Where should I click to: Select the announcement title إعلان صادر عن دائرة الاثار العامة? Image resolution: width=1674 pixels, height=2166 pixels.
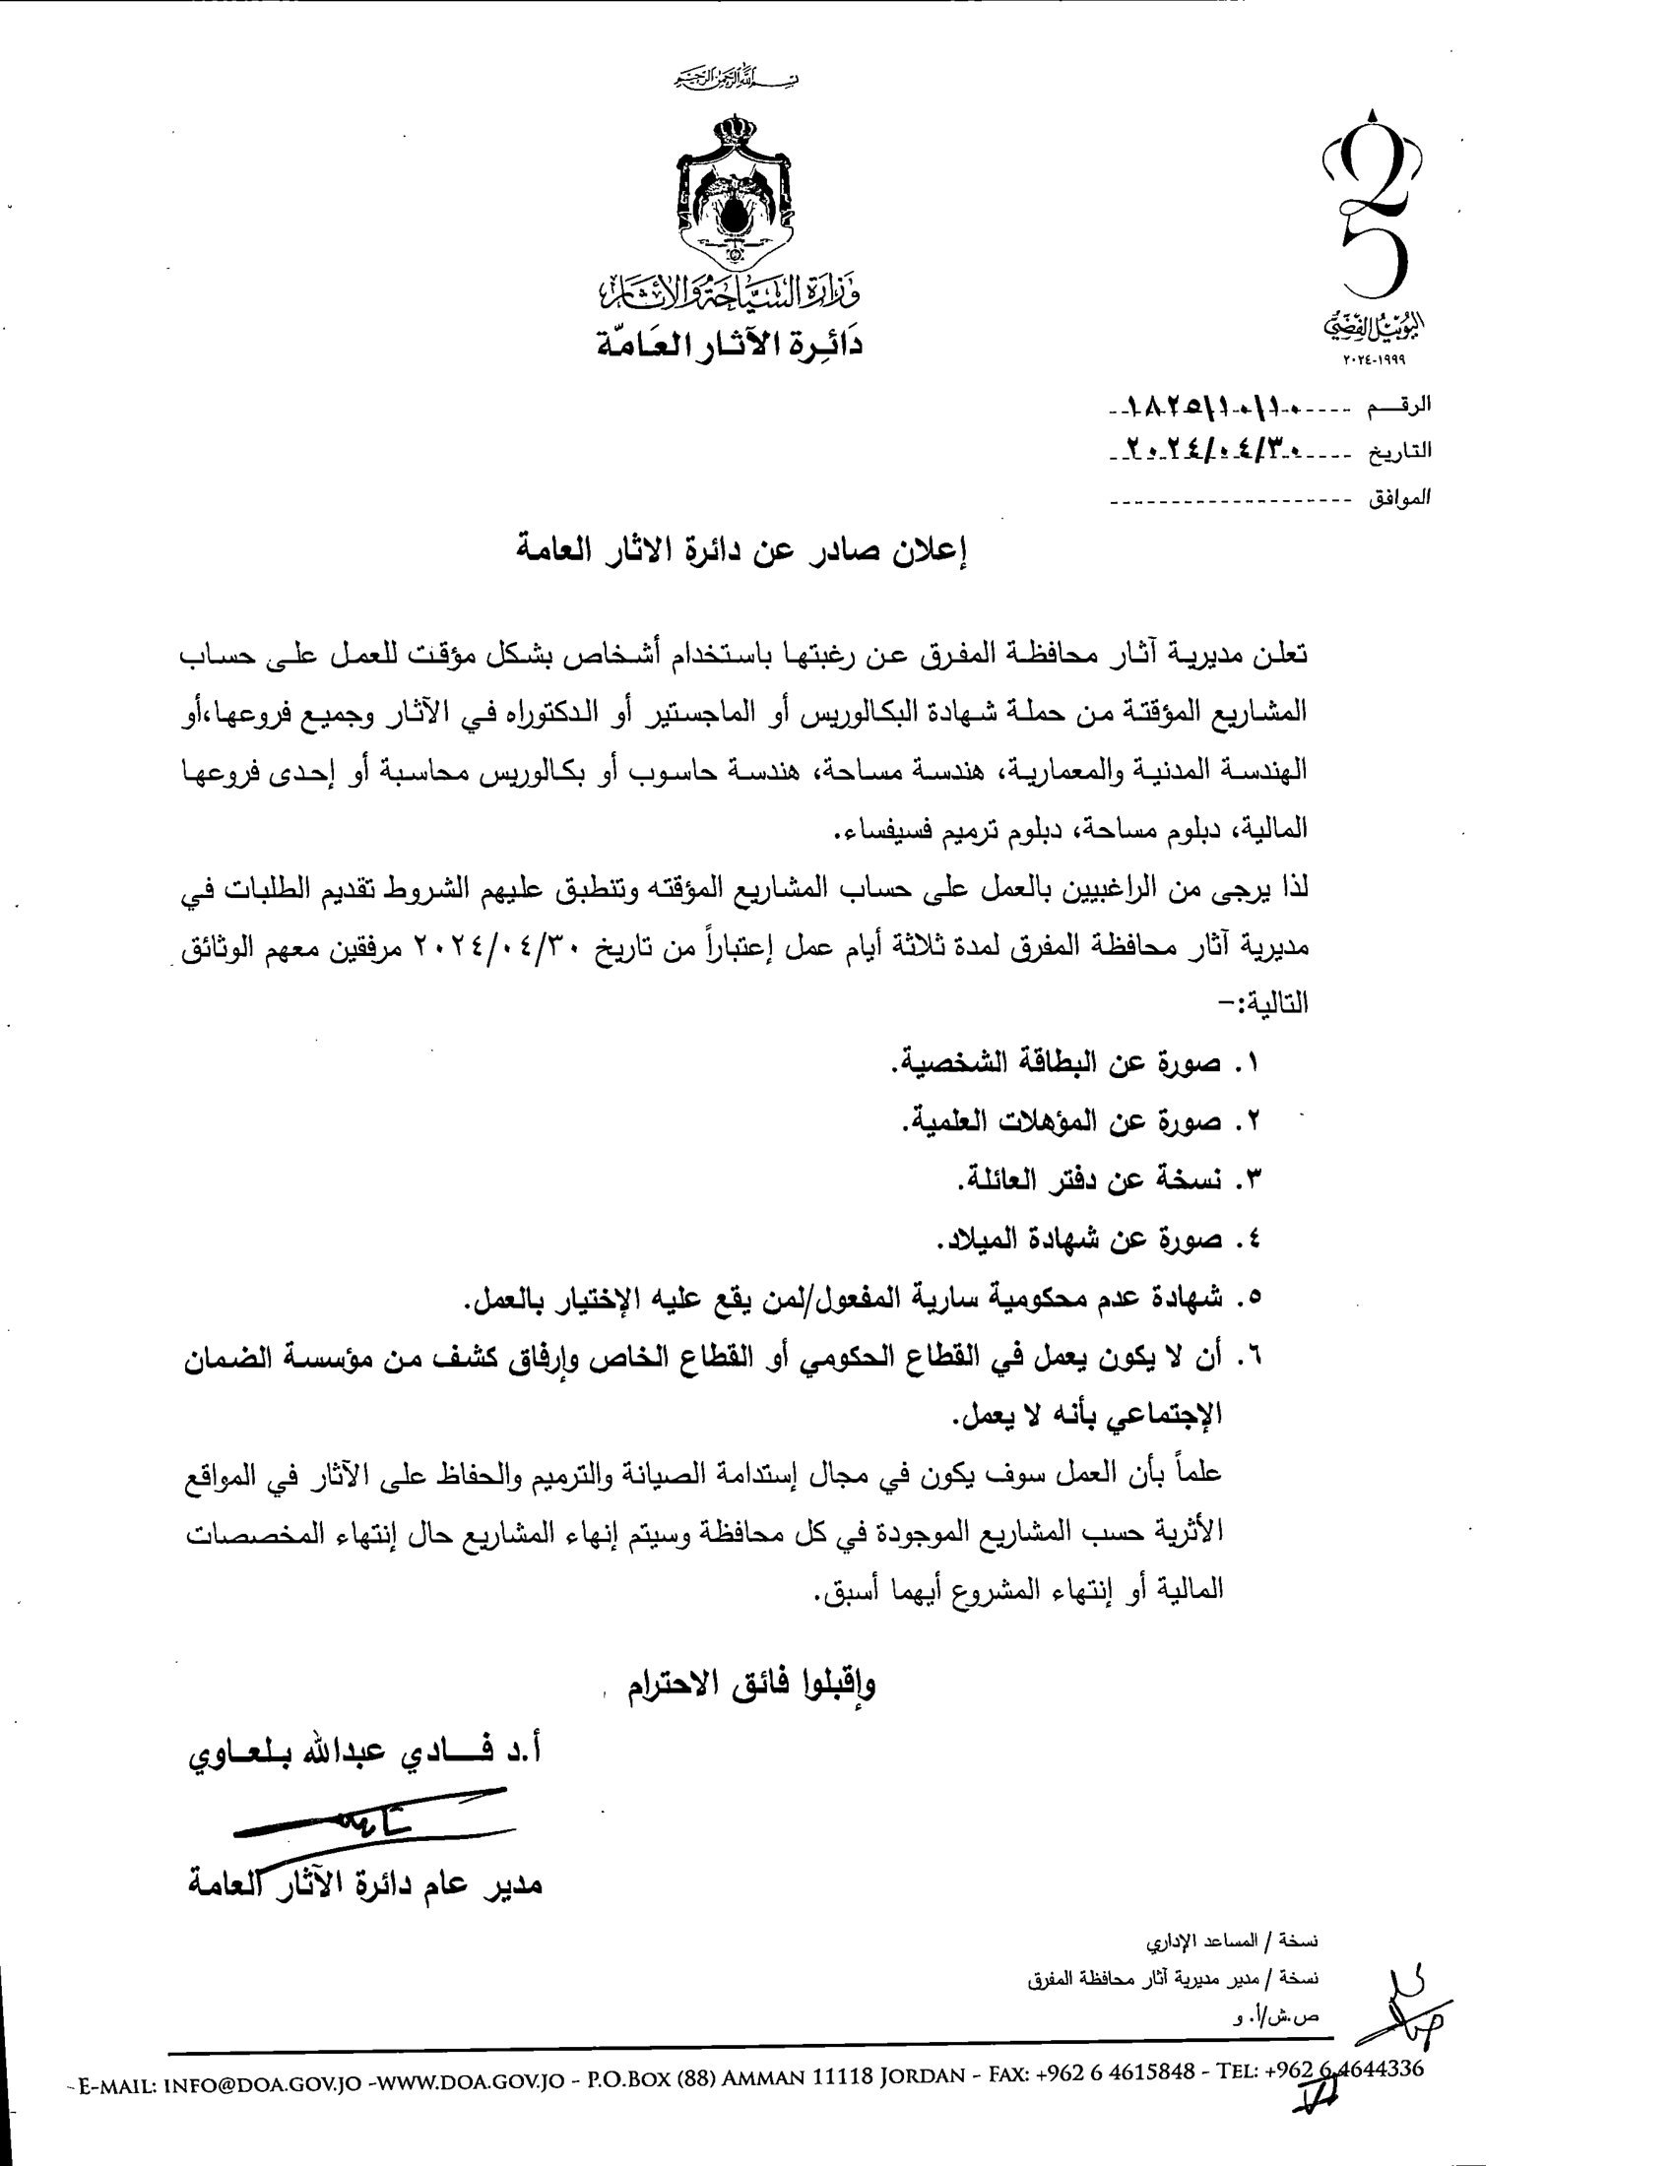tap(742, 550)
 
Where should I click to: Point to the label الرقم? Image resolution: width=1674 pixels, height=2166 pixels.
tap(1399, 406)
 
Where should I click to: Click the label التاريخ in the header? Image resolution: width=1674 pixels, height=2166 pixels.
tap(1399, 451)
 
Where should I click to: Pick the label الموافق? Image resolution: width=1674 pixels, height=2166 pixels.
tap(1399, 498)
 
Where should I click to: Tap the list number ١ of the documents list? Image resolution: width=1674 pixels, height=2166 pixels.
tap(1247, 1063)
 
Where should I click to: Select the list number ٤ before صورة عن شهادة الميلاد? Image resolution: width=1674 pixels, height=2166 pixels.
tap(1247, 1239)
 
